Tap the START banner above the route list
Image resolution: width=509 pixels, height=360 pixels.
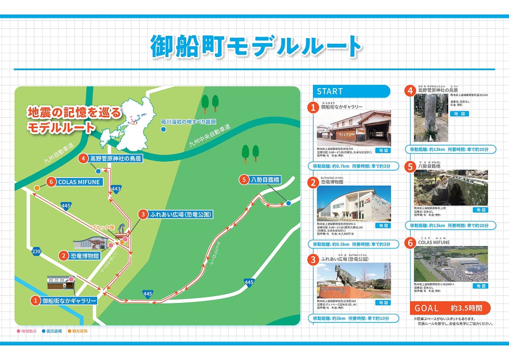[351, 91]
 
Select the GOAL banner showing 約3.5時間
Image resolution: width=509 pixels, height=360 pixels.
[450, 308]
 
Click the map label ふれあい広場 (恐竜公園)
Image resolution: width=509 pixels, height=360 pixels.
[174, 214]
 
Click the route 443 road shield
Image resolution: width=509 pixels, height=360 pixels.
[116, 189]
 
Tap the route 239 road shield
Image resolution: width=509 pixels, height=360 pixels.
[36, 251]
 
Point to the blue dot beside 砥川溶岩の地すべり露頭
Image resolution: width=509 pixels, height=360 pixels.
[164, 129]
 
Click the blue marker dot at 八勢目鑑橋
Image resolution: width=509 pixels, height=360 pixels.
[288, 203]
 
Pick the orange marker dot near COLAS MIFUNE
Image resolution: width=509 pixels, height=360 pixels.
[37, 188]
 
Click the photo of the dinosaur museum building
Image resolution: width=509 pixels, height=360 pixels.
[353, 204]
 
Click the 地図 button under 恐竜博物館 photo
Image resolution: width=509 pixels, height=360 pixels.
[382, 226]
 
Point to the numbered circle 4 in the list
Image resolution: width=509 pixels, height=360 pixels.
[410, 90]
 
